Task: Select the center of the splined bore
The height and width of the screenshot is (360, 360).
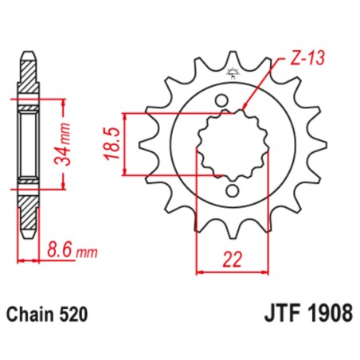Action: click(231, 146)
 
